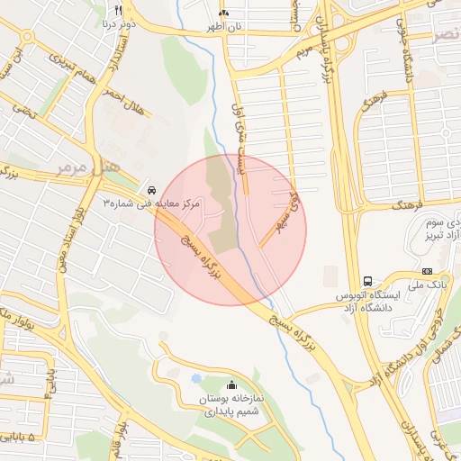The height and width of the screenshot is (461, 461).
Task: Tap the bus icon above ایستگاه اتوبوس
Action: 367,280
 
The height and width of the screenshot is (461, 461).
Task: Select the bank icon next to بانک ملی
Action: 427,271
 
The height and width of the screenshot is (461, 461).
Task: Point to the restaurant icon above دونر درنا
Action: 118,12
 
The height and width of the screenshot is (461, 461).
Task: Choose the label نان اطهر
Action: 223,27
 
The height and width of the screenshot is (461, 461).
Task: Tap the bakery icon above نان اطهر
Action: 223,14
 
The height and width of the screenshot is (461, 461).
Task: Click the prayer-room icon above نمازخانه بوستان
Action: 232,384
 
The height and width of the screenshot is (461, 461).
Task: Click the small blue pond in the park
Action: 196,377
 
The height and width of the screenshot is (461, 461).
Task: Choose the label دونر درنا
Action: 117,25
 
